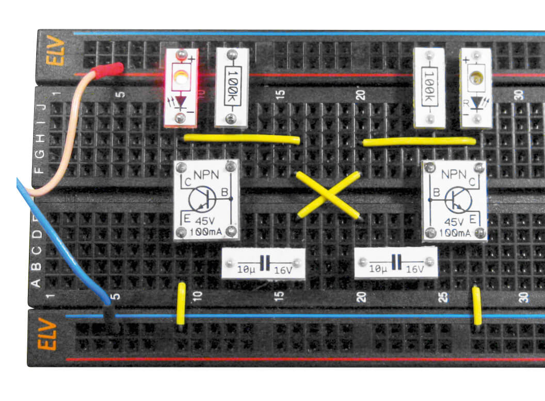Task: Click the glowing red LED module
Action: [x=181, y=88]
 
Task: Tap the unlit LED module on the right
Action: [x=475, y=87]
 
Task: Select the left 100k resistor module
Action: [x=231, y=87]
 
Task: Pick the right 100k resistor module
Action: [x=429, y=87]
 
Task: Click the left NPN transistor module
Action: [x=206, y=200]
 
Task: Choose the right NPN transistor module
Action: [x=454, y=200]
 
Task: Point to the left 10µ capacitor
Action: [x=263, y=263]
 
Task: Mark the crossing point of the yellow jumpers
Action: [x=328, y=195]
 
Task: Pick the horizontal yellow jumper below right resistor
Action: [x=419, y=141]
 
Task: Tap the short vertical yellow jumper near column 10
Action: [x=181, y=304]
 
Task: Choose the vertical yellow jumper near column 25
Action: [x=477, y=306]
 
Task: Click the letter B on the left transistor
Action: [x=223, y=192]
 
